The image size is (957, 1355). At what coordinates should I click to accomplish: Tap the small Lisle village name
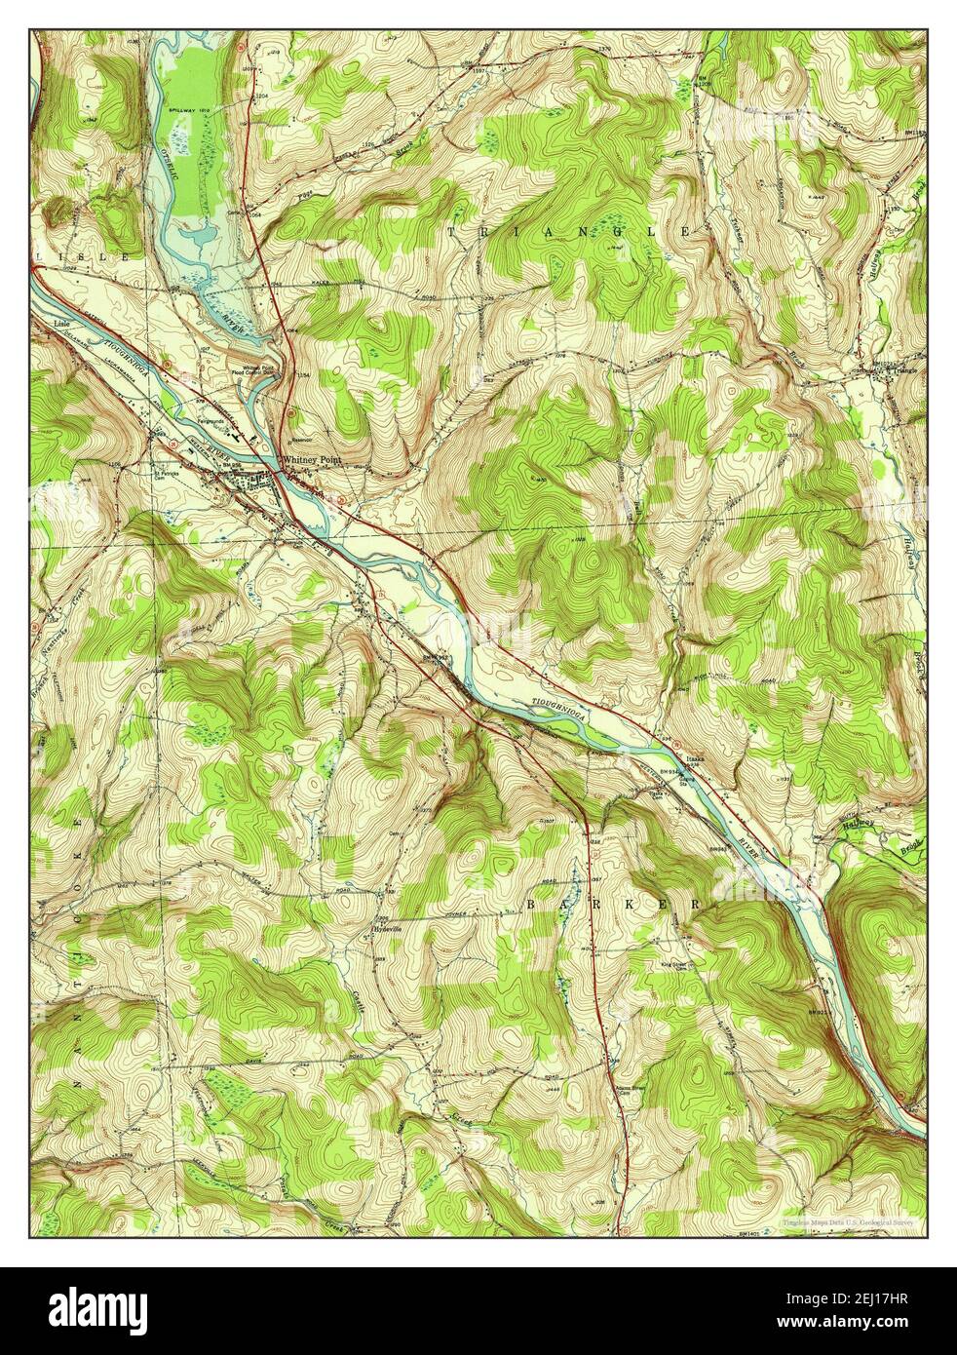pyautogui.click(x=46, y=320)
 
